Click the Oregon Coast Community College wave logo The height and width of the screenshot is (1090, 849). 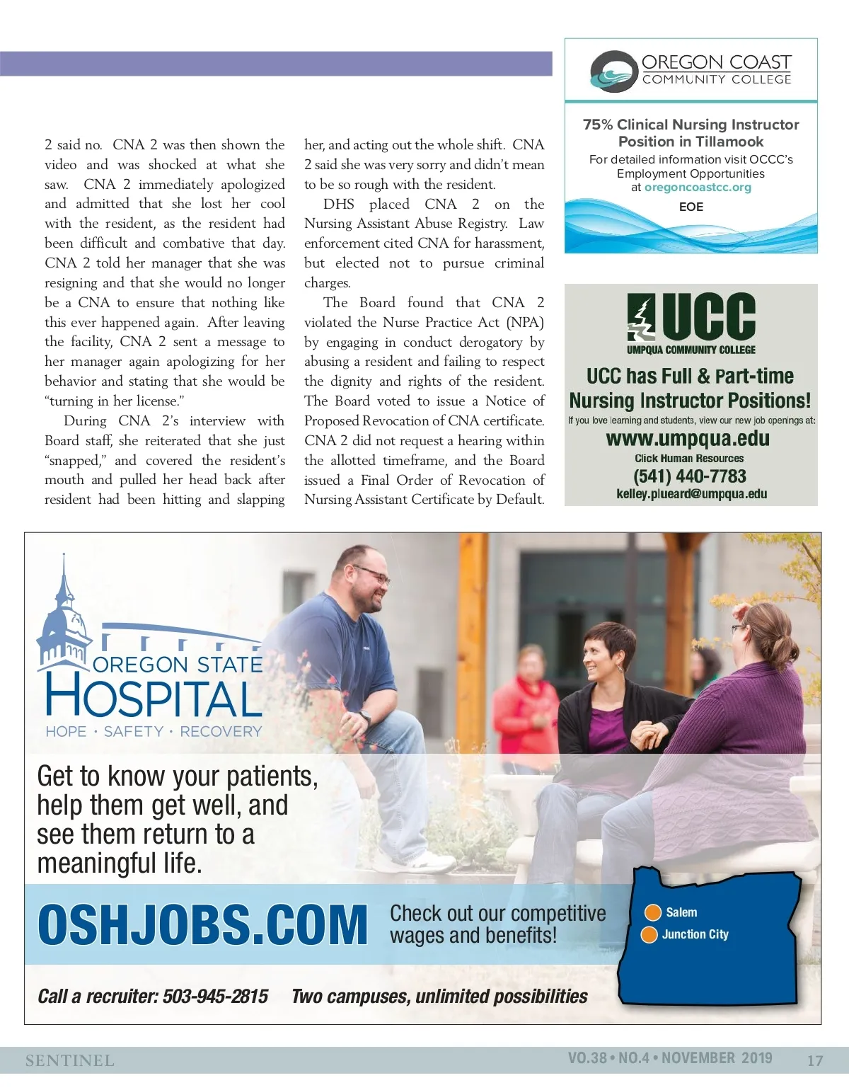coord(613,71)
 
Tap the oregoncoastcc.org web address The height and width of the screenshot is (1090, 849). coord(698,188)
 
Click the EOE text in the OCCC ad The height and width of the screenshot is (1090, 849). coord(691,207)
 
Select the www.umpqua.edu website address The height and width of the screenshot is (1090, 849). coord(688,439)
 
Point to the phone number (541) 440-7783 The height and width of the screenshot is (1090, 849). coord(690,476)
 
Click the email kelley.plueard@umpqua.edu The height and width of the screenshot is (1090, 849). coord(691,494)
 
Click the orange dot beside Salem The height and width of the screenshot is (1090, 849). coord(650,912)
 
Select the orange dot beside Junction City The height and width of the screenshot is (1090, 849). coord(649,935)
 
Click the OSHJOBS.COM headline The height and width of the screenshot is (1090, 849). coord(202,924)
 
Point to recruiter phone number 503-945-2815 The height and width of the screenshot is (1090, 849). coord(215,997)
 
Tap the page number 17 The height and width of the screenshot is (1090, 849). coord(815,1060)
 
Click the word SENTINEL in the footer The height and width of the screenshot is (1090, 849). coord(69,1060)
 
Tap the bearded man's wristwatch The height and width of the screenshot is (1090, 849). coord(365,717)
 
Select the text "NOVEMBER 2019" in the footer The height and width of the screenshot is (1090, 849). coord(717,1058)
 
